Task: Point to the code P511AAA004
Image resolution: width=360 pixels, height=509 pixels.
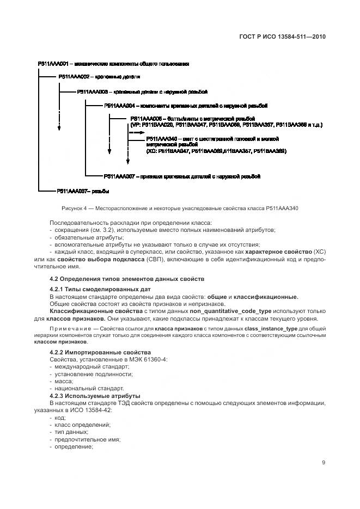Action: pos(119,106)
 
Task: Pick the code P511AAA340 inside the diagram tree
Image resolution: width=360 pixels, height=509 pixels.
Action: pos(162,139)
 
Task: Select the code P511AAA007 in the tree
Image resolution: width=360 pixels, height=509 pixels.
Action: pos(119,176)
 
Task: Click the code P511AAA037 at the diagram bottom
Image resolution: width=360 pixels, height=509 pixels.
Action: pos(71,191)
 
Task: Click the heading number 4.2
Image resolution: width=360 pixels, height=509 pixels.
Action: pos(54,279)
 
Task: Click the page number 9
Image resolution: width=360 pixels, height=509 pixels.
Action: pos(324,463)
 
